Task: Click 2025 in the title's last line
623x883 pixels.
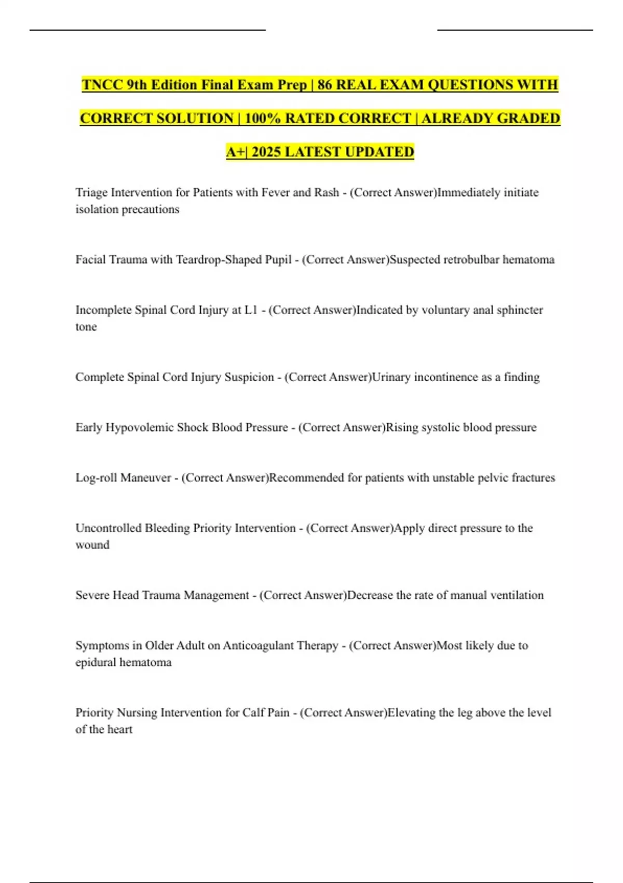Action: coord(266,152)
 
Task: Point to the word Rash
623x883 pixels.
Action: coord(326,193)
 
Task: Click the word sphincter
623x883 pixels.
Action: coord(520,310)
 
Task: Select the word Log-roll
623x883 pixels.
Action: coord(96,478)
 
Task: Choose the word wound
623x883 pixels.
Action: coord(92,545)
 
